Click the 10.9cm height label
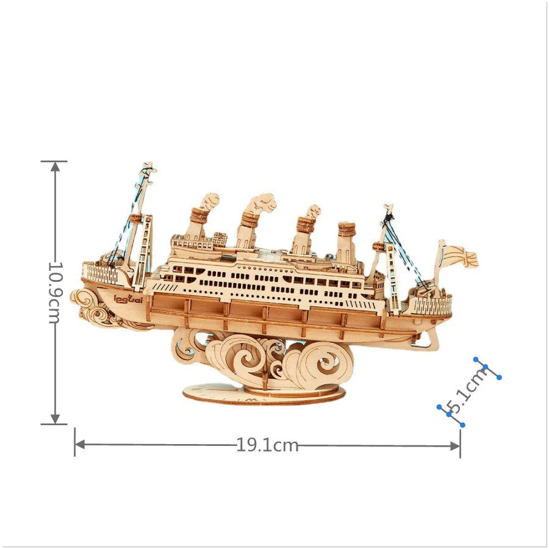tap(55, 292)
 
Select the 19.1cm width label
tap(268, 445)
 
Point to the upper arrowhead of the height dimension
tap(55, 167)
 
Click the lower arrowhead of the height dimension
tap(55, 418)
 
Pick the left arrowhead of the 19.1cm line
tap(80, 445)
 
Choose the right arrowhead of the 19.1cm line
tap(455, 446)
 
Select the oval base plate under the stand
tap(264, 394)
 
